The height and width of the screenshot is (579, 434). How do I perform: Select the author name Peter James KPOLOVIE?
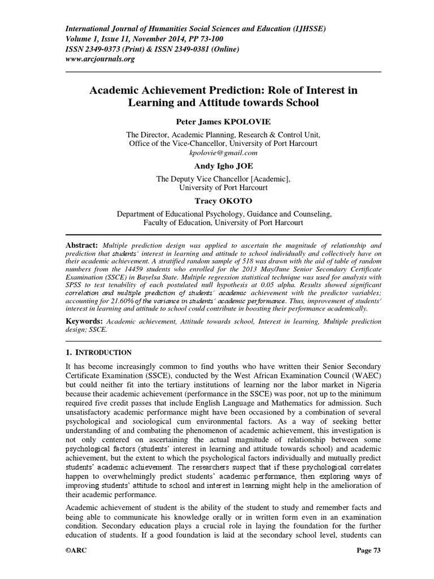(x=216, y=123)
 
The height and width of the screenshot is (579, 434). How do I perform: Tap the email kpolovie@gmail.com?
(x=216, y=153)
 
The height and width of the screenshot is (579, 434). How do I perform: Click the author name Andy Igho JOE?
(x=216, y=166)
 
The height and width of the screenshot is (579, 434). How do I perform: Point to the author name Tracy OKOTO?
(x=216, y=201)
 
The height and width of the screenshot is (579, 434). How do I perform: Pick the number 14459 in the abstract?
(x=144, y=270)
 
